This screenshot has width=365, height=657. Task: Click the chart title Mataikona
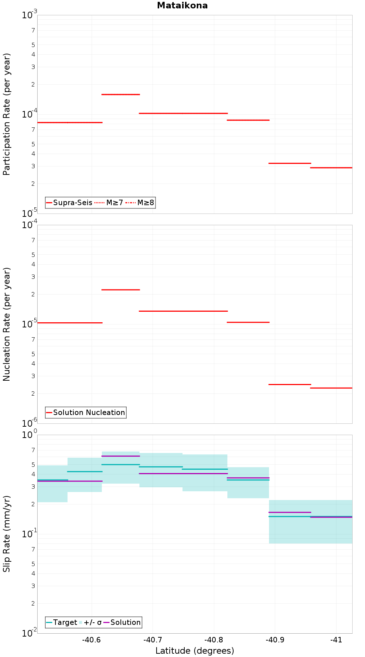point(182,5)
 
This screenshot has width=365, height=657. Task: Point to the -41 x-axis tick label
point(336,640)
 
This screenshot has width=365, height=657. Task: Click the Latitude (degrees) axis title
point(195,651)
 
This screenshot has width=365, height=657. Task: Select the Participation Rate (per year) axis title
point(7,114)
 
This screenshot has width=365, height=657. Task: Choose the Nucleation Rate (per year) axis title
point(7,324)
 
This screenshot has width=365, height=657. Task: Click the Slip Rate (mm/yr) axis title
point(7,534)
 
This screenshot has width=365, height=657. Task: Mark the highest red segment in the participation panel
point(120,95)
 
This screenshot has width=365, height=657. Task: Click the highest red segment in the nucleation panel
point(120,290)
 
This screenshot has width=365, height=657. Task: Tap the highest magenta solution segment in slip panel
point(120,456)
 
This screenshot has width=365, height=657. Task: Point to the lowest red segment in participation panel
point(331,168)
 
